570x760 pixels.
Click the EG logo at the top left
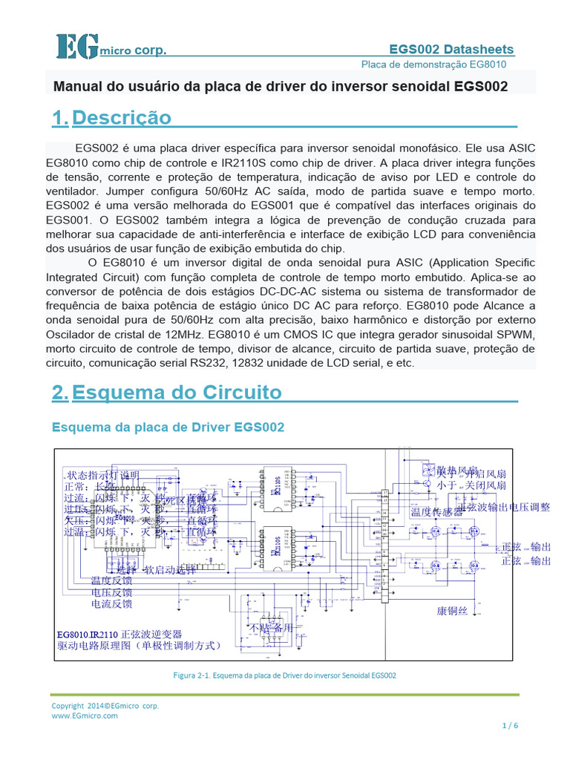pyautogui.click(x=76, y=46)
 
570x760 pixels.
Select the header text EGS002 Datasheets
pyautogui.click(x=451, y=49)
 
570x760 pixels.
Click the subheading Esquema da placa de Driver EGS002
pyautogui.click(x=167, y=427)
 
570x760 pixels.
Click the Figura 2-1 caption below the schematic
pyautogui.click(x=285, y=675)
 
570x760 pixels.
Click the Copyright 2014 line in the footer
pyautogui.click(x=105, y=706)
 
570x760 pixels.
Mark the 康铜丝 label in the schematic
pyautogui.click(x=452, y=611)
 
